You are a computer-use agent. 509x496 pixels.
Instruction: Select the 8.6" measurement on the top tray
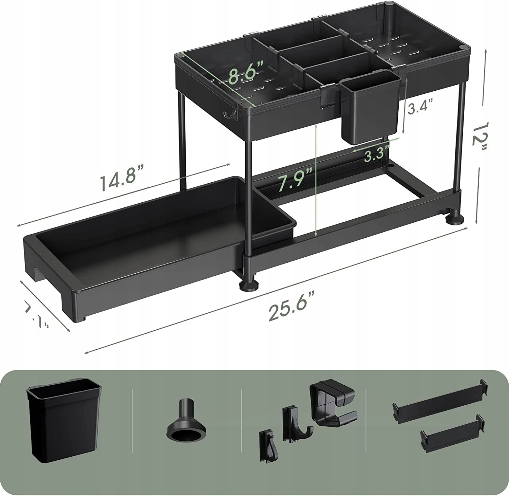pyautogui.click(x=245, y=75)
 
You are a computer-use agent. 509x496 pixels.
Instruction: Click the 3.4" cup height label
pyautogui.click(x=420, y=109)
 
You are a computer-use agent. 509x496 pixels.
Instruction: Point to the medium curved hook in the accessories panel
pyautogui.click(x=296, y=424)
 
